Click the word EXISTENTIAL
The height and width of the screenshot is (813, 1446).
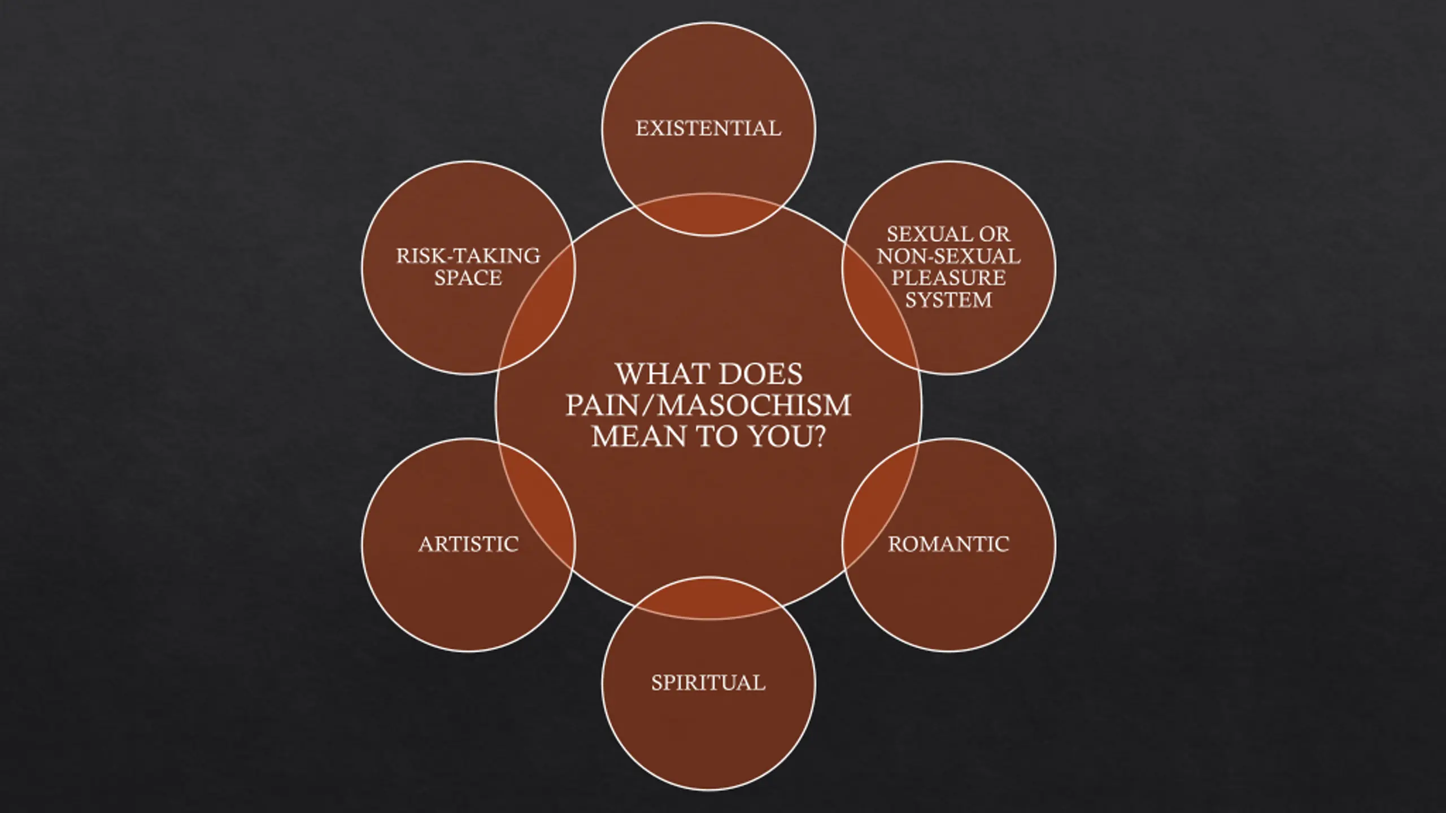[708, 129]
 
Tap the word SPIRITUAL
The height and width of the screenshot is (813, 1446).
[708, 683]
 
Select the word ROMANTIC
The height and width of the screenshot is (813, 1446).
[948, 544]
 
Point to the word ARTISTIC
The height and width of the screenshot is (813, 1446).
[468, 544]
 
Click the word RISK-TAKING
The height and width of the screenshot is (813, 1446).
[468, 256]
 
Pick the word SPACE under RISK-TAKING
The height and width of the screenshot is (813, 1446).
[468, 278]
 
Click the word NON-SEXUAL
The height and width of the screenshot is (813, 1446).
[948, 256]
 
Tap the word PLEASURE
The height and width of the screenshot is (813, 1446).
[948, 278]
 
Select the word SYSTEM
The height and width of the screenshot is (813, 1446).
[948, 300]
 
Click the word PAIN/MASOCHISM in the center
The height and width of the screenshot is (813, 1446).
[708, 405]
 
